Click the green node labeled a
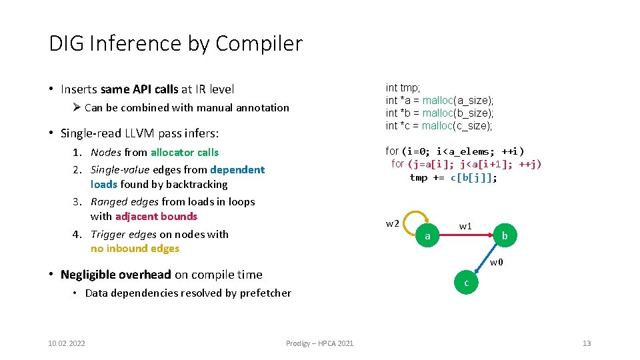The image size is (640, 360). pos(427,236)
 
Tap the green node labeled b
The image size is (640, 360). pos(505,236)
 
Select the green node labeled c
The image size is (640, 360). pos(466,283)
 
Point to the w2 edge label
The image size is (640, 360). pos(393,223)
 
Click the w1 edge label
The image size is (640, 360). pos(465,226)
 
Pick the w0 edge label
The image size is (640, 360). pos(496,262)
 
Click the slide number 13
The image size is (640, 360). pos(587,343)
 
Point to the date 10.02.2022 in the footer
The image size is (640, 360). pos(67,343)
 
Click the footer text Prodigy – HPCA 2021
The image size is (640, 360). pos(319,343)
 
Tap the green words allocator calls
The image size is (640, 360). pos(185,153)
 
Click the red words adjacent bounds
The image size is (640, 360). pos(156,216)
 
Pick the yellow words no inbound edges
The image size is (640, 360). pos(135,249)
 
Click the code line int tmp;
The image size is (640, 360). pos(403,88)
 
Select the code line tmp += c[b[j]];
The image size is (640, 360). pos(453,177)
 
